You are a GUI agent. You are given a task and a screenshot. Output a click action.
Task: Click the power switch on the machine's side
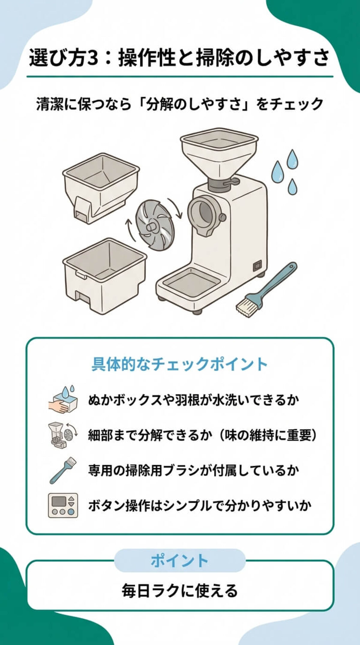click(257, 265)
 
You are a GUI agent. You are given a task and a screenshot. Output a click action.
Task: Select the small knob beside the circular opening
click(222, 217)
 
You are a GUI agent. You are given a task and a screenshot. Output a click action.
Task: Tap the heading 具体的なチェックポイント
click(179, 364)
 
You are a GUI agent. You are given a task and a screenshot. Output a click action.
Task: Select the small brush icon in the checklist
click(63, 470)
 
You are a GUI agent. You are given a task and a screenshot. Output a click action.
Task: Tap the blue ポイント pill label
click(179, 560)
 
